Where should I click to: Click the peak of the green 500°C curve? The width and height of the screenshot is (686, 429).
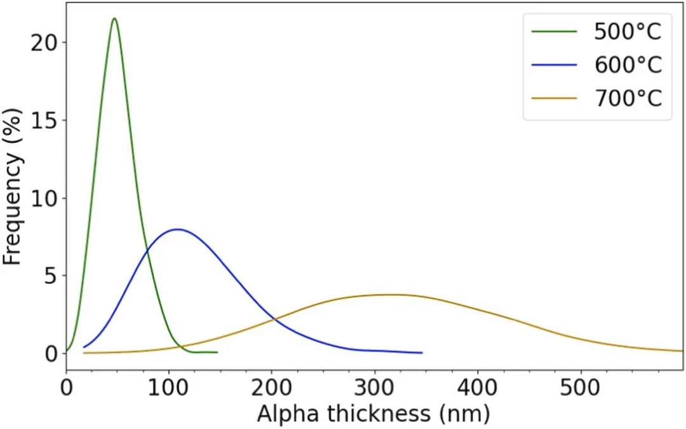[114, 18]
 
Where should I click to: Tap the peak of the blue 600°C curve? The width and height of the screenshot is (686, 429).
[177, 229]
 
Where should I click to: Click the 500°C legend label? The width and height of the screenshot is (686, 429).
[628, 31]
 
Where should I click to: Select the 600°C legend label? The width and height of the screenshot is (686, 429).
[628, 65]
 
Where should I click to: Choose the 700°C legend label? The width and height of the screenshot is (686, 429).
[628, 99]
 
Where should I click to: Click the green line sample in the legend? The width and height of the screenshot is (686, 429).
[555, 31]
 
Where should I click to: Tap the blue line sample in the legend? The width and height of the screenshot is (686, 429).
[555, 65]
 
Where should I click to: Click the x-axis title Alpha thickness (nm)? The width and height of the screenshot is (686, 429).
[373, 414]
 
